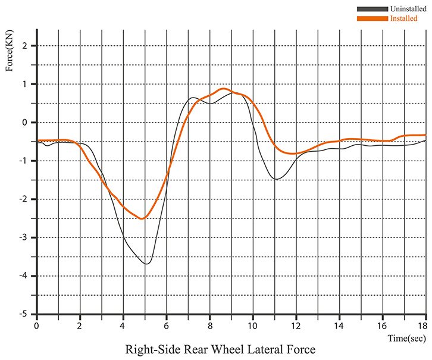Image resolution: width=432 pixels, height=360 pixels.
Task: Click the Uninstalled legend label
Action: tap(408, 9)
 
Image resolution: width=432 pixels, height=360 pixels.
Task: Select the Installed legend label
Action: tap(403, 18)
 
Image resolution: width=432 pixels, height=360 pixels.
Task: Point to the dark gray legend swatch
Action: tap(372, 9)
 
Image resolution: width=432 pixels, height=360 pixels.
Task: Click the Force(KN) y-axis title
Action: tap(10, 51)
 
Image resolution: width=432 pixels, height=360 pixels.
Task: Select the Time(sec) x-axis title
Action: tap(407, 338)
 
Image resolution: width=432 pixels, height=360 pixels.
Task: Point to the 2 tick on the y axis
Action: tap(25, 46)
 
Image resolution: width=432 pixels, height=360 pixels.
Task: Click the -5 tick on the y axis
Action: tap(23, 314)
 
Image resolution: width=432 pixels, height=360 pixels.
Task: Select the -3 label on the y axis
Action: tap(23, 237)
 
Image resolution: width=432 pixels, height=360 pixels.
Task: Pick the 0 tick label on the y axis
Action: tap(25, 123)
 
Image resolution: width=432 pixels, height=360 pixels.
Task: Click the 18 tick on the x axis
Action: tap(422, 326)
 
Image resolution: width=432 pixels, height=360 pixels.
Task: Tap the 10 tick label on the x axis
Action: tap(252, 326)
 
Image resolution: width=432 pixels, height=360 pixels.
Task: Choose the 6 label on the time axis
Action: tap(166, 326)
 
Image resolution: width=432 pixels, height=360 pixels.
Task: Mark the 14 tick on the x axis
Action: tap(339, 326)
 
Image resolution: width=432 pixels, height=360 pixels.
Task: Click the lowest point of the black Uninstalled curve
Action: tap(146, 264)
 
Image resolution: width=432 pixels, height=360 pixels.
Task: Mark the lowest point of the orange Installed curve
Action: tap(142, 219)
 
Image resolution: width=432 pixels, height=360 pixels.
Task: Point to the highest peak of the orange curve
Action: tap(224, 89)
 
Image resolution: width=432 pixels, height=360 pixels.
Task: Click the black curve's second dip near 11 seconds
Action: tap(276, 179)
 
